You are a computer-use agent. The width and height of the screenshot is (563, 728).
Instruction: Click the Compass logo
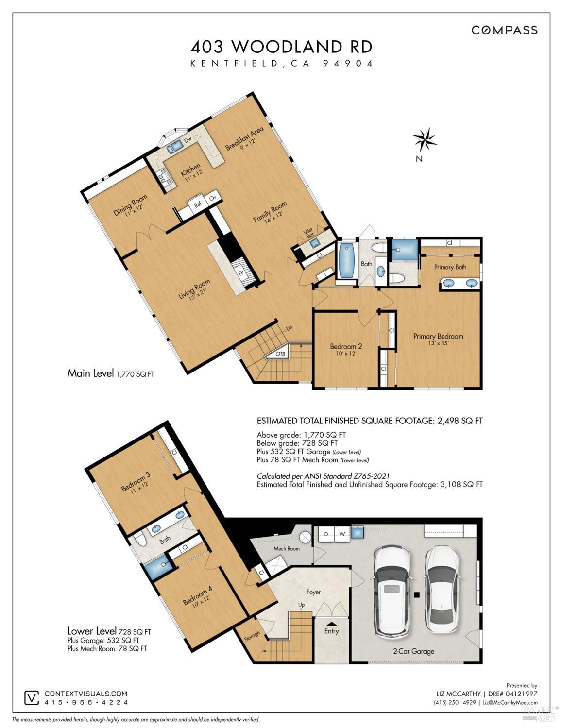(504, 30)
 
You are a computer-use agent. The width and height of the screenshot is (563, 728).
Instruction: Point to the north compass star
(424, 139)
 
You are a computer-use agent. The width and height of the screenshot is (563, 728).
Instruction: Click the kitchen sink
(174, 146)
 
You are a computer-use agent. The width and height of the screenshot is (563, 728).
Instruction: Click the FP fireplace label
(241, 273)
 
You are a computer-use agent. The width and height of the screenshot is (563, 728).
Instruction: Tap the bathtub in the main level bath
(347, 260)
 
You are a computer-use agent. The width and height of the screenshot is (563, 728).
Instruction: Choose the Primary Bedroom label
(438, 336)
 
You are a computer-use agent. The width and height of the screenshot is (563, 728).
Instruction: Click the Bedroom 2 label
(346, 346)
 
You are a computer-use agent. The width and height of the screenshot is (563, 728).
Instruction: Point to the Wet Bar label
(308, 233)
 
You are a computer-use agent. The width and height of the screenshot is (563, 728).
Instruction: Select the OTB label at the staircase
(280, 354)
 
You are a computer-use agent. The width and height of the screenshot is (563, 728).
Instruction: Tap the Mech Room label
(287, 548)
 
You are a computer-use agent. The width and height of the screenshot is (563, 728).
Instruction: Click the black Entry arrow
(331, 624)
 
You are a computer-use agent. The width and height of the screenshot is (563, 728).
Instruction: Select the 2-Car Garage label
(413, 651)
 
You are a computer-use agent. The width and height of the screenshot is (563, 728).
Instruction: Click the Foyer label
(313, 592)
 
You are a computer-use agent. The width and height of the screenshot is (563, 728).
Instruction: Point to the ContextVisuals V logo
(32, 698)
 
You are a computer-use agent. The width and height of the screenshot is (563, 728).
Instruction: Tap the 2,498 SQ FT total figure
(460, 421)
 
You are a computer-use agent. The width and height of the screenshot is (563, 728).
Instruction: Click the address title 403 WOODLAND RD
(282, 47)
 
